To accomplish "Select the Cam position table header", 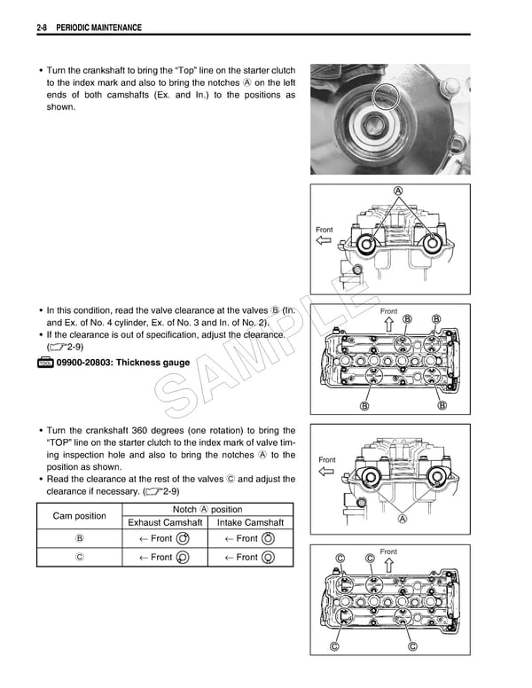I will (x=79, y=515).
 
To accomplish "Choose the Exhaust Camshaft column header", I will (x=165, y=522).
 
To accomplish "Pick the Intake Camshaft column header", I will (x=251, y=522).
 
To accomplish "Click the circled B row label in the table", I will (x=79, y=538).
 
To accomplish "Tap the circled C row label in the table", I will (x=79, y=557).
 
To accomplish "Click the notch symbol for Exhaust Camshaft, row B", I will (x=183, y=538).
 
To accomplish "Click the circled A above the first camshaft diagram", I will (x=397, y=192).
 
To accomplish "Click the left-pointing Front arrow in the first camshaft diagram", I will (x=324, y=240).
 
